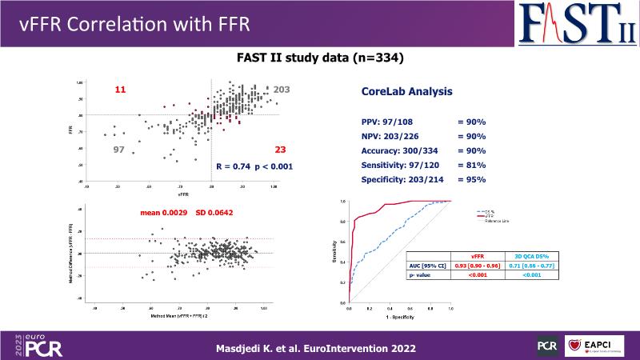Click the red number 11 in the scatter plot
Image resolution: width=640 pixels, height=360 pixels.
click(121, 90)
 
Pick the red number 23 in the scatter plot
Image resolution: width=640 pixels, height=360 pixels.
click(281, 150)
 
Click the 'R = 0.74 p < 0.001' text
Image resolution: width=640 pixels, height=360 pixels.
click(254, 166)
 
